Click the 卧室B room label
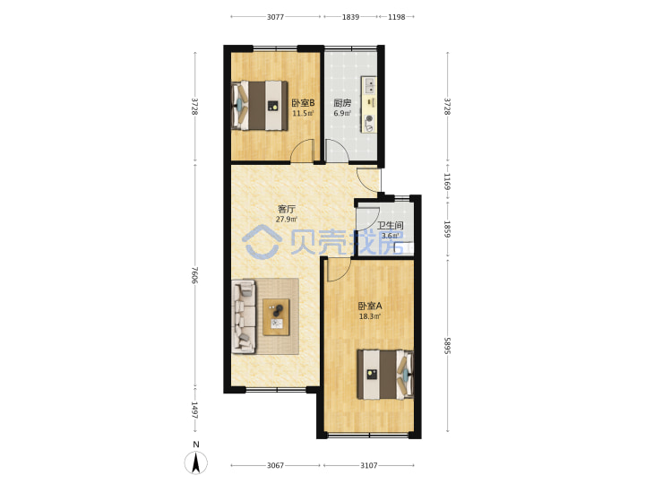tap(303, 103)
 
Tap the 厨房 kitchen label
tap(342, 103)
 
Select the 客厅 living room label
tap(287, 209)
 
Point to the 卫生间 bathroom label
tap(391, 226)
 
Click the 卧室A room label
tap(370, 306)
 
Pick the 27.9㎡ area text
tap(287, 220)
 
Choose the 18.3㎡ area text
tap(370, 316)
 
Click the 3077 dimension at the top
tap(275, 17)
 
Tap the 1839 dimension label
tap(350, 17)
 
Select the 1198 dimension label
tap(397, 17)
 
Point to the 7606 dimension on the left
tap(195, 275)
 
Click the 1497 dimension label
tap(195, 410)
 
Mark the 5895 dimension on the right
tap(448, 346)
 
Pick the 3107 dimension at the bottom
tap(368, 465)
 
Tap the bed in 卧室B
tap(260, 106)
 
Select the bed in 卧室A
tap(385, 374)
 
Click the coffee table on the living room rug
tap(276, 317)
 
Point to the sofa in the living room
tap(244, 316)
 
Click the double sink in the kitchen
tap(369, 85)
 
